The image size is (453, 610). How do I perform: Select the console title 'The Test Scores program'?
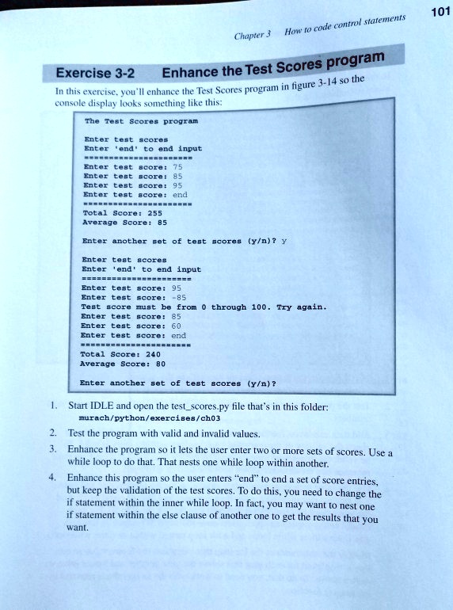[x=141, y=123]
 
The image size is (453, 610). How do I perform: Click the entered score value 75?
[x=177, y=167]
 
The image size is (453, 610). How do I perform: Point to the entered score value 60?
[x=177, y=326]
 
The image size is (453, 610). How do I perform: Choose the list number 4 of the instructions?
[x=52, y=478]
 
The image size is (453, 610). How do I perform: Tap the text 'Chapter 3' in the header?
[x=253, y=35]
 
